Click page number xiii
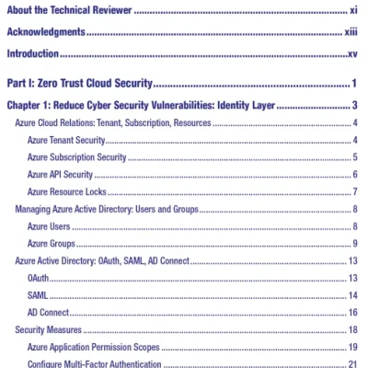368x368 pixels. pyautogui.click(x=351, y=32)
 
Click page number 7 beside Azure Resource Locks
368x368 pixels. pyautogui.click(x=355, y=191)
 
